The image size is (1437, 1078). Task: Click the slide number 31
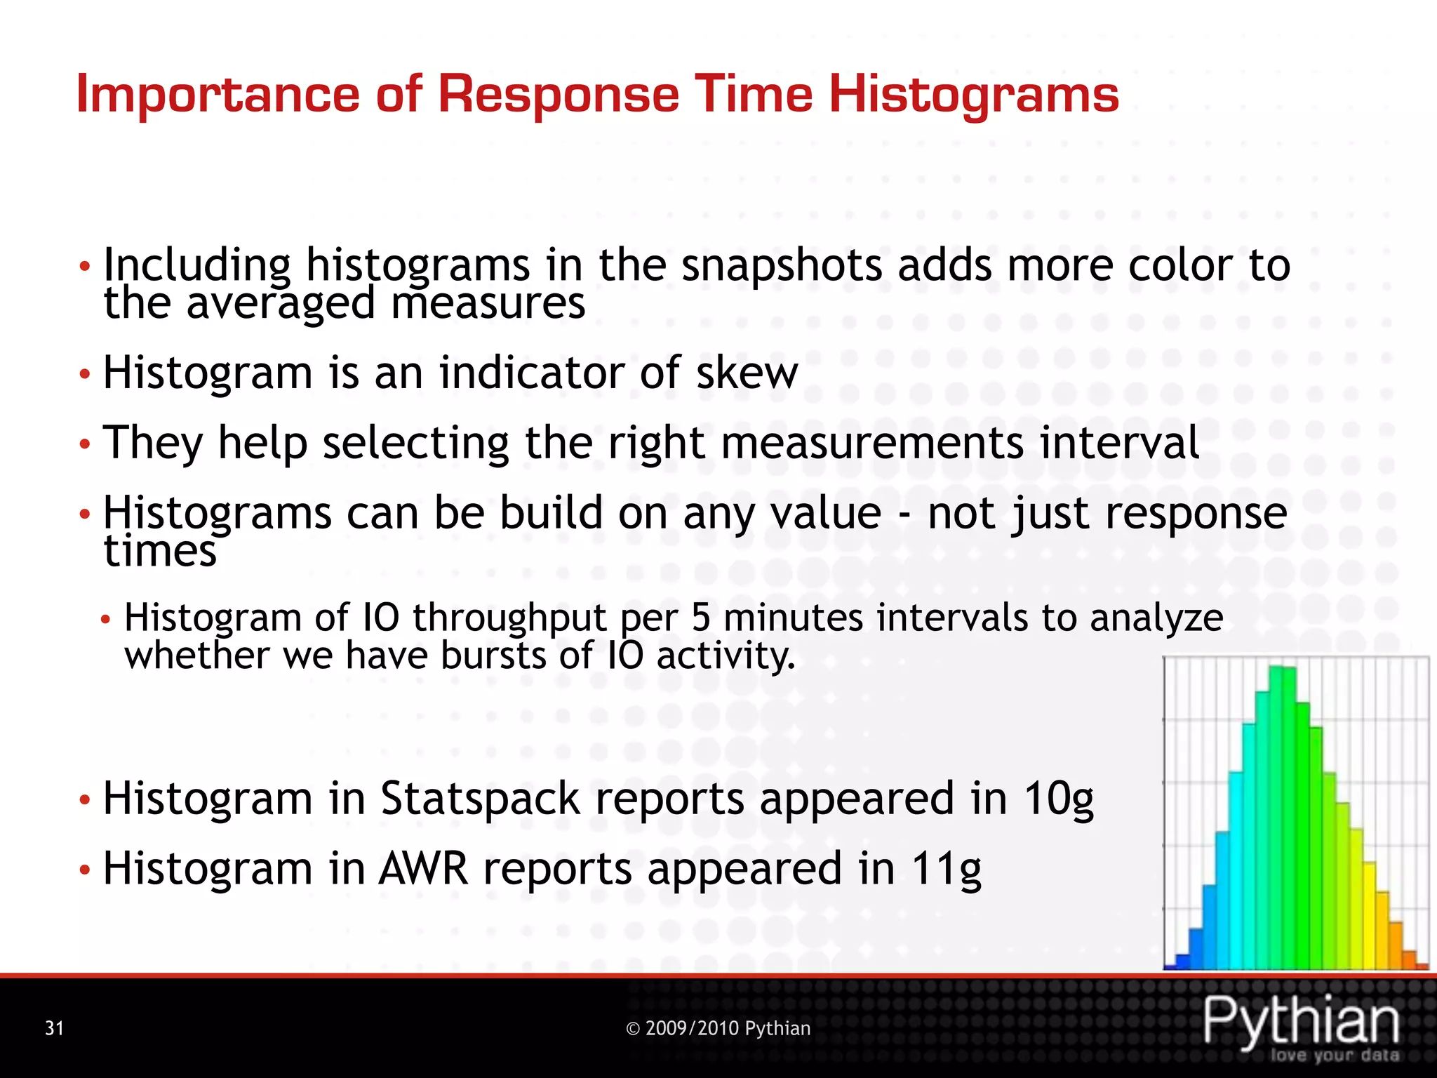point(54,1029)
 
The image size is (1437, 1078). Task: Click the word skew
point(747,373)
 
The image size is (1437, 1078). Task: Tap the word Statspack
point(480,799)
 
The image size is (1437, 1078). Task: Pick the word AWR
point(423,870)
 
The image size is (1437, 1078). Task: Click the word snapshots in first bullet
point(782,267)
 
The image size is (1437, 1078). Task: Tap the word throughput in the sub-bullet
point(509,619)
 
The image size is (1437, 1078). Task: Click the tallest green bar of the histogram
point(1281,818)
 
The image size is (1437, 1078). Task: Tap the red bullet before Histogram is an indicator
point(84,374)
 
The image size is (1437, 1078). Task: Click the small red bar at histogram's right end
point(1422,966)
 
